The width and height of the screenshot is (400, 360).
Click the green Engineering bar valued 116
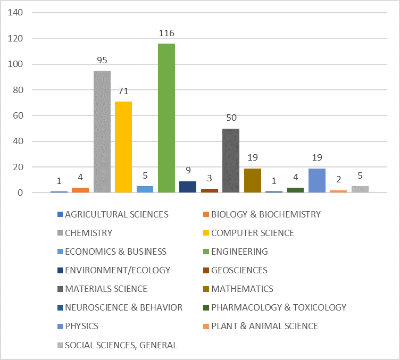[166, 118]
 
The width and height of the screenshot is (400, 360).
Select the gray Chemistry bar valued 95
[102, 131]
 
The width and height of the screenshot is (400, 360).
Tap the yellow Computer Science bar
[123, 147]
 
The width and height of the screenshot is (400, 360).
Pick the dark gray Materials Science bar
[231, 160]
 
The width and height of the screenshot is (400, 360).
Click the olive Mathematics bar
[253, 180]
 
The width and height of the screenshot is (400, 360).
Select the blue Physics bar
[317, 180]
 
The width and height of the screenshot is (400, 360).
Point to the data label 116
[166, 34]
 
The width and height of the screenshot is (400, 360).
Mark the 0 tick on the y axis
[21, 192]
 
